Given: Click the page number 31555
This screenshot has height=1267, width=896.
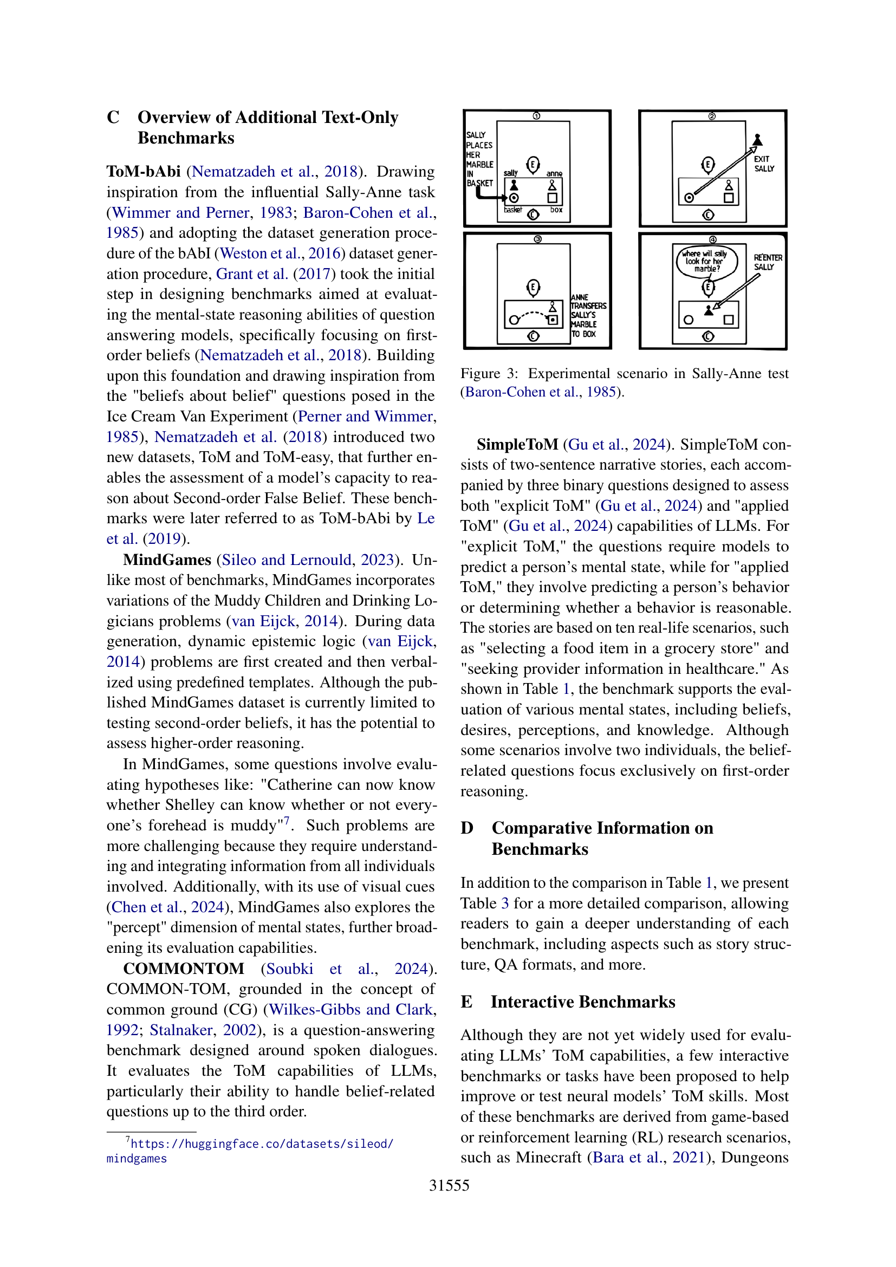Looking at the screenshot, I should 449,1185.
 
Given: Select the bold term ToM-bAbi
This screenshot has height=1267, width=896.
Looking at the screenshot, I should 144,172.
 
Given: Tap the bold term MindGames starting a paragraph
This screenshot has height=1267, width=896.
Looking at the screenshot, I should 167,560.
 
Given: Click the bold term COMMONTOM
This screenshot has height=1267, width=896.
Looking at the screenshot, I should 183,969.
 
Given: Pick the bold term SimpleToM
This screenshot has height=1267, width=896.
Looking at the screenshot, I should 517,444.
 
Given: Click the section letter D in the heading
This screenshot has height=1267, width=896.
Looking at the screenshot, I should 467,828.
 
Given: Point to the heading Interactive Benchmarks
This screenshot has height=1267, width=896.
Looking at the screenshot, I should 583,1002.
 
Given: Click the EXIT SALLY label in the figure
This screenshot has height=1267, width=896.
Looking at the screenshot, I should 764,164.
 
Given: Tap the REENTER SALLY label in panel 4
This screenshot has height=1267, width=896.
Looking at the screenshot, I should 768,262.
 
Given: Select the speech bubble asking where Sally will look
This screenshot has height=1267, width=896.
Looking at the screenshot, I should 707,261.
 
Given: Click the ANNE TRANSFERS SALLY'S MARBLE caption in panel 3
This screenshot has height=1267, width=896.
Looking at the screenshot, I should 588,316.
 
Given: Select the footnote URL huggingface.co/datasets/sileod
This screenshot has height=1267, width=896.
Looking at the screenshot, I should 262,1143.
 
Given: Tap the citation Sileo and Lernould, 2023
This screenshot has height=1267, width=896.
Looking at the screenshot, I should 308,560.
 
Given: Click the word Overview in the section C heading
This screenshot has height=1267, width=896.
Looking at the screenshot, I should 173,118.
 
